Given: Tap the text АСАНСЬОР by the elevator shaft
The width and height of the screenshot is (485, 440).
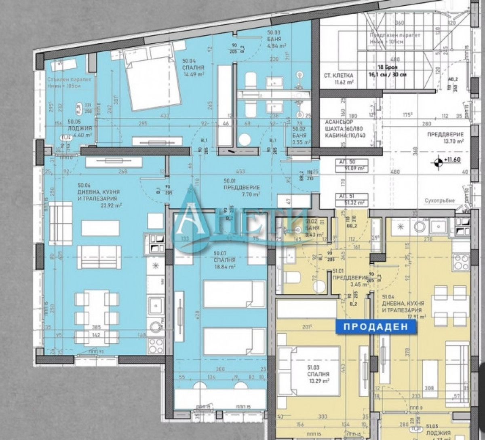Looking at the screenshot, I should (x=339, y=122).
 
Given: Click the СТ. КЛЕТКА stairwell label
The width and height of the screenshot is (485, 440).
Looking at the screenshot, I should (x=339, y=75).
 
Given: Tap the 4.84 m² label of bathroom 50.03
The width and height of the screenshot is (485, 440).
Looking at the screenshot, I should (x=277, y=46).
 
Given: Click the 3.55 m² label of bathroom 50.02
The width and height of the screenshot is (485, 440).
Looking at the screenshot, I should (x=302, y=142).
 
